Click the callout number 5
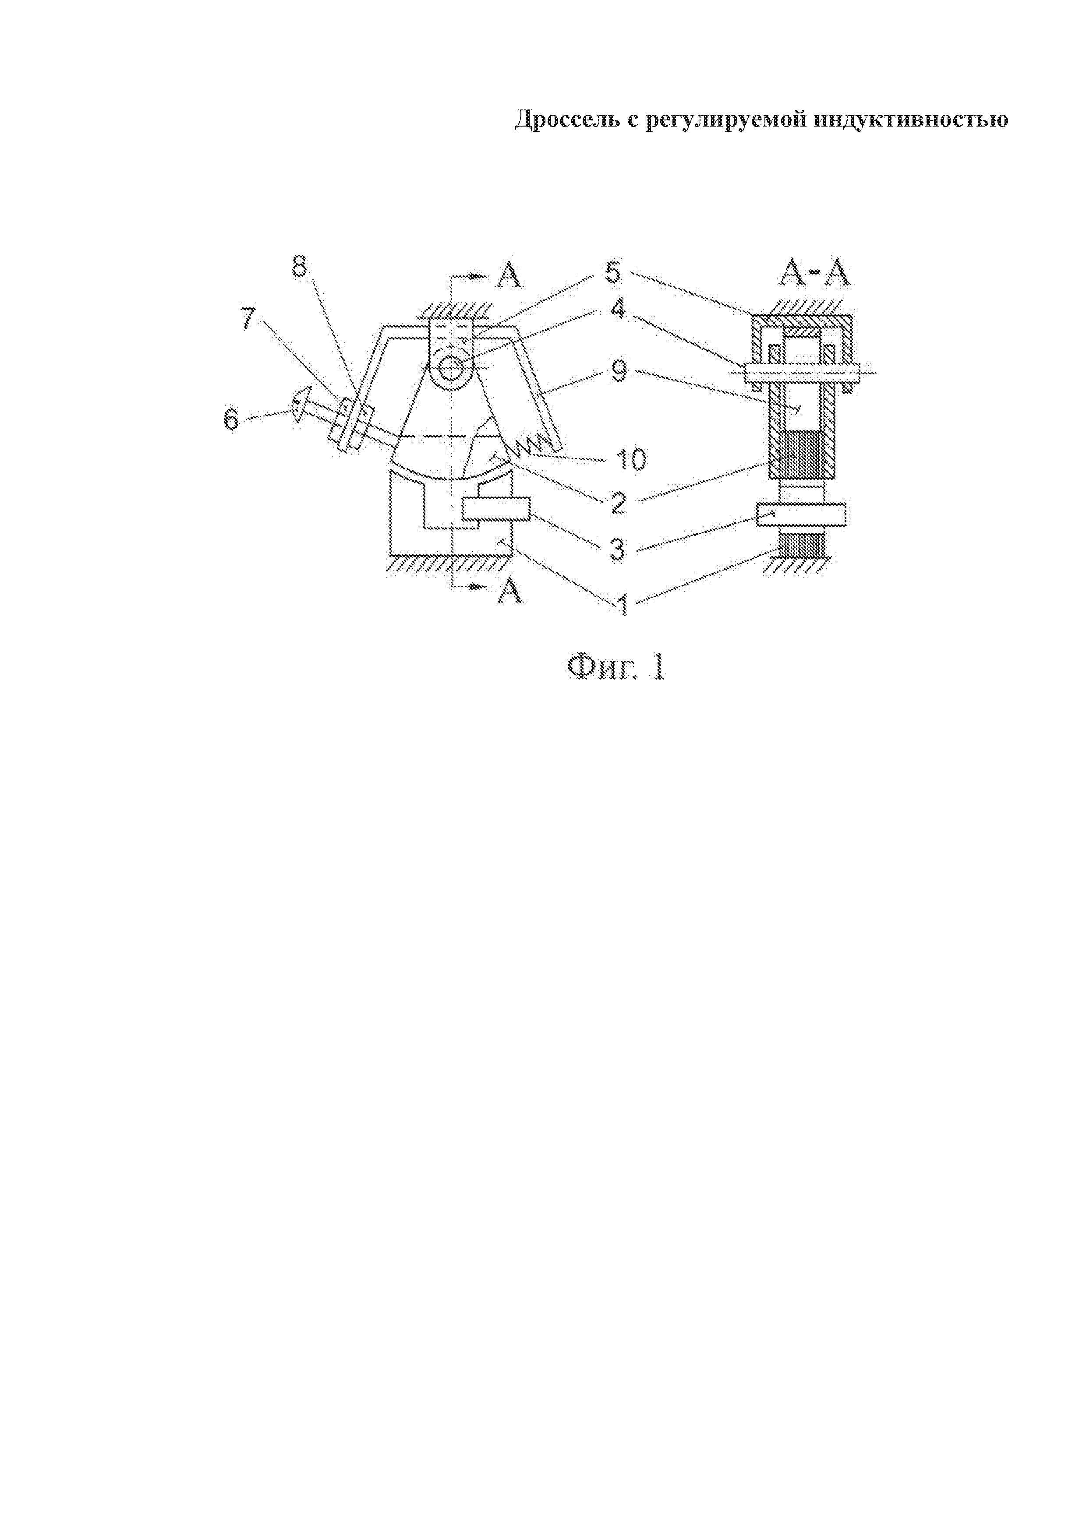pos(614,273)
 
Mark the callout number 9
pos(617,371)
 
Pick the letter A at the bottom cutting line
pos(509,590)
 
